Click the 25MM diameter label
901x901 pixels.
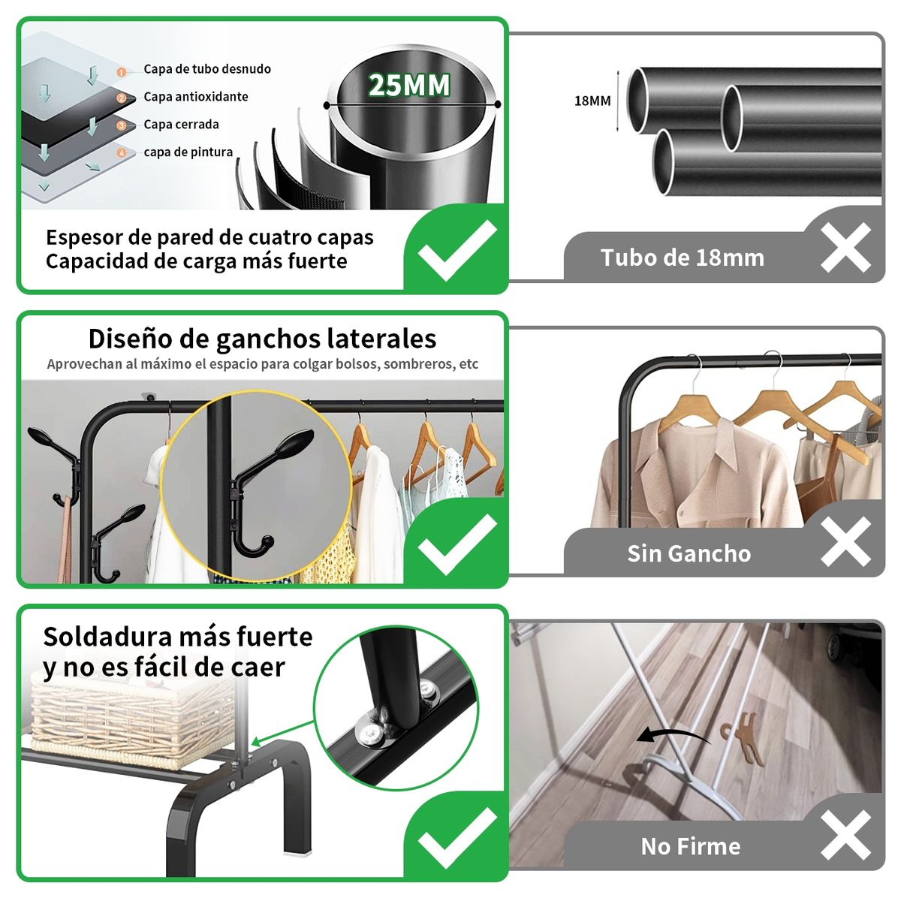[x=409, y=85]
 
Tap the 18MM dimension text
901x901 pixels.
[x=592, y=101]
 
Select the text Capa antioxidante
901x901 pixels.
[x=195, y=97]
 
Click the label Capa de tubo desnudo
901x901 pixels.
[x=207, y=69]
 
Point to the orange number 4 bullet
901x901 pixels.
[x=122, y=152]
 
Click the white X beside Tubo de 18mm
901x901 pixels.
[x=845, y=247]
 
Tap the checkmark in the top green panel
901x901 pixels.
[x=457, y=250]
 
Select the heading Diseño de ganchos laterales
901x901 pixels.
[x=262, y=339]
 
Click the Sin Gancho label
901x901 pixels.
[x=689, y=553]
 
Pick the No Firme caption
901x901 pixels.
[x=690, y=846]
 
